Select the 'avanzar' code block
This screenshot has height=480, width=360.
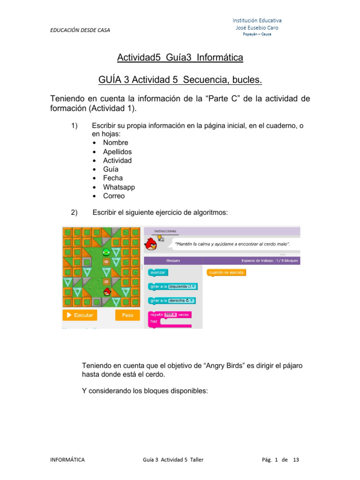point(158,272)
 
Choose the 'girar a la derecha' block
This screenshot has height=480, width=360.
point(172,300)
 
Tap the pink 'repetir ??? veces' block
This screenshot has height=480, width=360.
point(169,315)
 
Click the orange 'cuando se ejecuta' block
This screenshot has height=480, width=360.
point(226,272)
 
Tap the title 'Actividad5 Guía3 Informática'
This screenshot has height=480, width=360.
point(180,58)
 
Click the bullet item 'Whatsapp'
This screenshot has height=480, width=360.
point(119,187)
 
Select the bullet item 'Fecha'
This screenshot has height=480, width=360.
point(113,178)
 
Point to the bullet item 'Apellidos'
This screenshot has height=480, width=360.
point(117,151)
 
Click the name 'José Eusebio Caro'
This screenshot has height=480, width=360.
point(257,28)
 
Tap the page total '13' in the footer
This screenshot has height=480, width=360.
point(295,460)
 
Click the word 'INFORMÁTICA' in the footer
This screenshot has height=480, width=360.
point(67,460)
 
